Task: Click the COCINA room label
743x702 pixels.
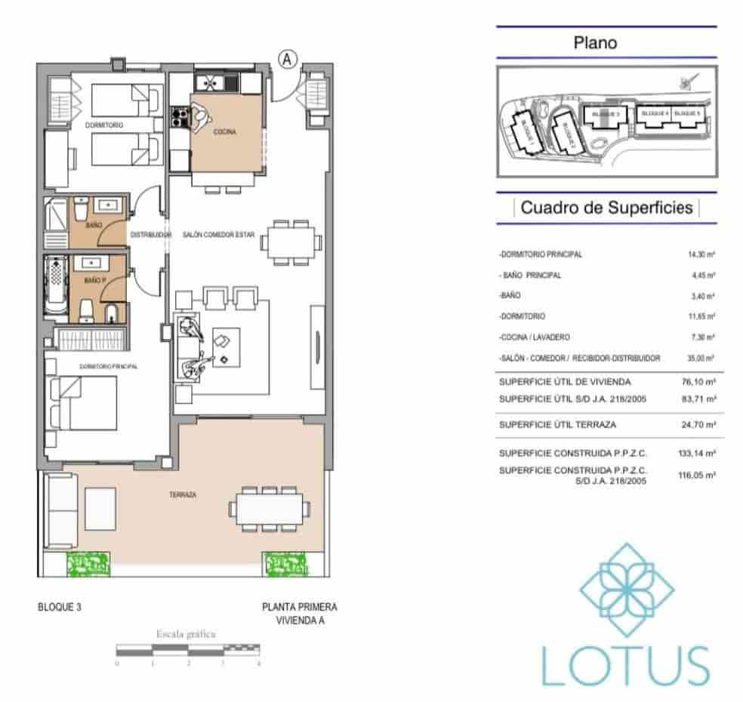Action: (x=224, y=132)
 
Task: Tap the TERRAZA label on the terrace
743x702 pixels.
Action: (x=183, y=495)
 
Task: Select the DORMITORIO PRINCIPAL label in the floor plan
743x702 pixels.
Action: (x=109, y=366)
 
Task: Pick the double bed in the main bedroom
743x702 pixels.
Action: (x=85, y=403)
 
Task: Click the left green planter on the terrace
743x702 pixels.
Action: (x=88, y=564)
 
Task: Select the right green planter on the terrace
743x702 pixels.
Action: (x=285, y=564)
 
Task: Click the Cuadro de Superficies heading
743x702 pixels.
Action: (x=606, y=208)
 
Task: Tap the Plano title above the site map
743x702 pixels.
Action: (x=595, y=43)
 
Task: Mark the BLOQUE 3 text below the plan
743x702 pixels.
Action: (x=59, y=607)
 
